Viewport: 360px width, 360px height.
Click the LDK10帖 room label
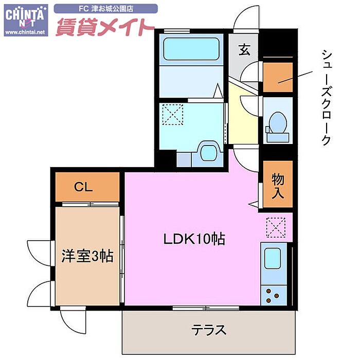pyautogui.click(x=195, y=239)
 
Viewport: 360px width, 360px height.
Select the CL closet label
pyautogui.click(x=83, y=188)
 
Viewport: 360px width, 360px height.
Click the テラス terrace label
pyautogui.click(x=209, y=330)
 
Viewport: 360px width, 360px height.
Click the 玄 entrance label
pyautogui.click(x=244, y=50)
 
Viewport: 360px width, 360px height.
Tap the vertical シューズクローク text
pyautogui.click(x=325, y=98)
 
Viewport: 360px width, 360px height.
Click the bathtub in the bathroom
pyautogui.click(x=192, y=50)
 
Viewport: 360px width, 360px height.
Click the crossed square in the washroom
pyautogui.click(x=173, y=114)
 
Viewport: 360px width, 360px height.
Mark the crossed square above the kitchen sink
pyautogui.click(x=276, y=226)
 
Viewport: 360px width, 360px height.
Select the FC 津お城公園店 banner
pyautogui.click(x=105, y=9)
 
